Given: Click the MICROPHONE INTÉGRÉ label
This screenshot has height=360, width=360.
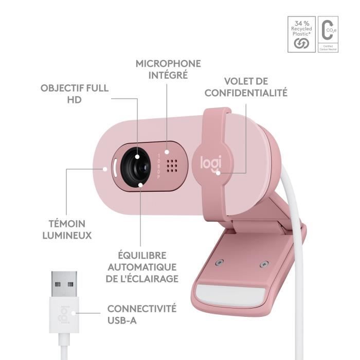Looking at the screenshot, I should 168,69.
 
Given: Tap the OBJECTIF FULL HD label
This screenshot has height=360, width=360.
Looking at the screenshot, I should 75,93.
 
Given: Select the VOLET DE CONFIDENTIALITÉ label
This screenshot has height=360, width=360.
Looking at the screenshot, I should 245,87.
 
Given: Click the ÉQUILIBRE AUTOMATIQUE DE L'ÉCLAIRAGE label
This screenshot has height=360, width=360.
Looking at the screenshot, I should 142,267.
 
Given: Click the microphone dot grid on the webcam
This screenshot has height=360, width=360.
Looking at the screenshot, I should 173,165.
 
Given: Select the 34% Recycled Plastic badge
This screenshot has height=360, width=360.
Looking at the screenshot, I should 300,35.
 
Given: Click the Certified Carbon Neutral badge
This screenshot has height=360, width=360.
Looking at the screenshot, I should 327,35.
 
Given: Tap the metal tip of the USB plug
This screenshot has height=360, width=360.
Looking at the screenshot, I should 64,282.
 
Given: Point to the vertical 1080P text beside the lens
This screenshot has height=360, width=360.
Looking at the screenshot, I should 159,165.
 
